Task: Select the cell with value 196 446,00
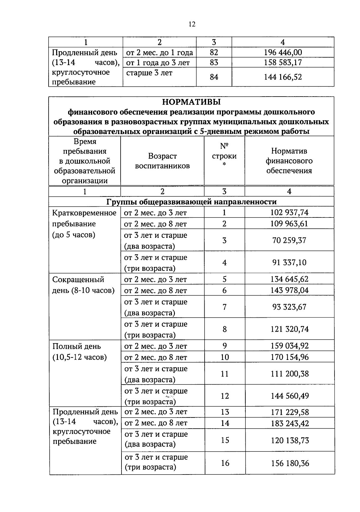pyautogui.click(x=283, y=52)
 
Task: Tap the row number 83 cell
pyautogui.click(x=214, y=62)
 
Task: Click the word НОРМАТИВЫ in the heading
pyautogui.click(x=191, y=102)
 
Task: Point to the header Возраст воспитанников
pyautogui.click(x=162, y=161)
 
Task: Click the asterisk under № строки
pyautogui.click(x=224, y=164)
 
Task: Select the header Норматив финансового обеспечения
pyautogui.click(x=289, y=161)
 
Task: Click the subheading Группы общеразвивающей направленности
pyautogui.click(x=191, y=202)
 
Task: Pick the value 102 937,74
pyautogui.click(x=289, y=213)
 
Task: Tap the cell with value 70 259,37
pyautogui.click(x=289, y=240)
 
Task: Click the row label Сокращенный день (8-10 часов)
pyautogui.click(x=83, y=285)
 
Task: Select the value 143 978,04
pyautogui.click(x=289, y=290)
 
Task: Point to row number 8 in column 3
pyautogui.click(x=224, y=329)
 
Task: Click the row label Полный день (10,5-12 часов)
pyautogui.click(x=79, y=352)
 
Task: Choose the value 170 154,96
pyautogui.click(x=289, y=357)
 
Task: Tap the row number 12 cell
pyautogui.click(x=225, y=396)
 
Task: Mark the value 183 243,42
pyautogui.click(x=289, y=423)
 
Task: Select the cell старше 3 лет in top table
pyautogui.click(x=149, y=73)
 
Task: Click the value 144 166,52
pyautogui.click(x=283, y=77)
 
